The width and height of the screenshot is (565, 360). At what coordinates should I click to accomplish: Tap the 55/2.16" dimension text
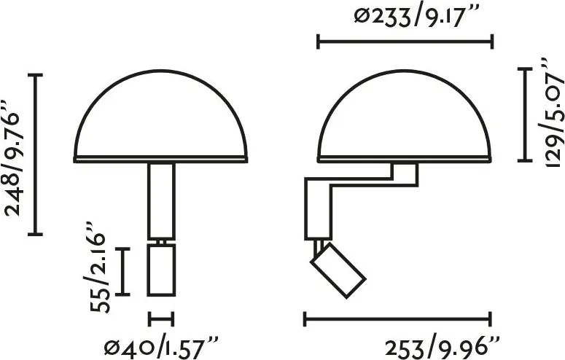97,267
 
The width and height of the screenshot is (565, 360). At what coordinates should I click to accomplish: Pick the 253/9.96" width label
442,348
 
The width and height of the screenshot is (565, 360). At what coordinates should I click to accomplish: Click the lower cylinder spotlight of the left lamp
161,270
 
